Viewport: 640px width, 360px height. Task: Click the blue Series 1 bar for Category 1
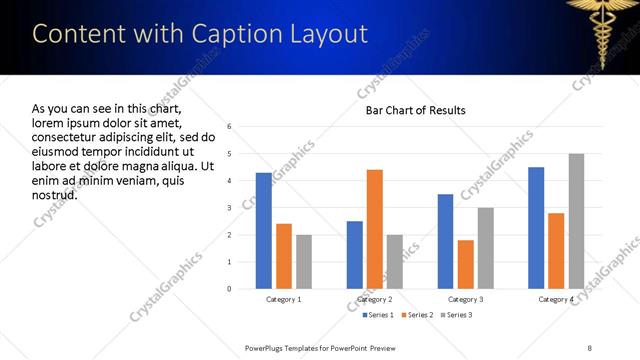pyautogui.click(x=263, y=231)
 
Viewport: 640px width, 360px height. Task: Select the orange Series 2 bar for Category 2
pyautogui.click(x=374, y=229)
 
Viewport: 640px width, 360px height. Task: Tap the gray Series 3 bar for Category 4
pyautogui.click(x=576, y=221)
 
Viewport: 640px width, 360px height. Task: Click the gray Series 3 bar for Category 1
pyautogui.click(x=303, y=262)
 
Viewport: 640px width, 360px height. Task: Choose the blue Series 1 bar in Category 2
pyautogui.click(x=354, y=255)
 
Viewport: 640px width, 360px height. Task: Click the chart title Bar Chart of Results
pyautogui.click(x=415, y=110)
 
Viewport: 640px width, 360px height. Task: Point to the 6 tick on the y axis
pyautogui.click(x=230, y=127)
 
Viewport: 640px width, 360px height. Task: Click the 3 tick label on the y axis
pyautogui.click(x=230, y=208)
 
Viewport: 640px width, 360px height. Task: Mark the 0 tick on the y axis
pyautogui.click(x=230, y=289)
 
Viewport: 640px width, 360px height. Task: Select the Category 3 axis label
pyautogui.click(x=465, y=300)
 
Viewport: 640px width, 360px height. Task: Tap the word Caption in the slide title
pyautogui.click(x=212, y=34)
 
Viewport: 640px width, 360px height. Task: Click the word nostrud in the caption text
pyautogui.click(x=54, y=195)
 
